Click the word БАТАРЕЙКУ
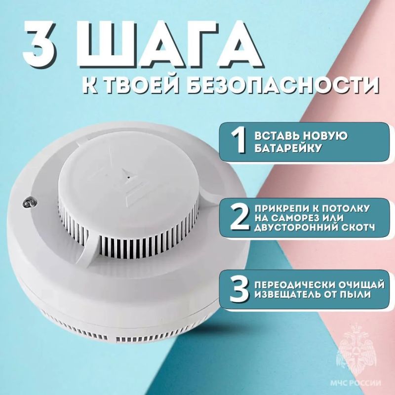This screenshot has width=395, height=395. pyautogui.click(x=288, y=148)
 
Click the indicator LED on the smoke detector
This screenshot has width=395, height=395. pyautogui.click(x=29, y=202)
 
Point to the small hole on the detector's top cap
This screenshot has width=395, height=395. pyautogui.click(x=129, y=177)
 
